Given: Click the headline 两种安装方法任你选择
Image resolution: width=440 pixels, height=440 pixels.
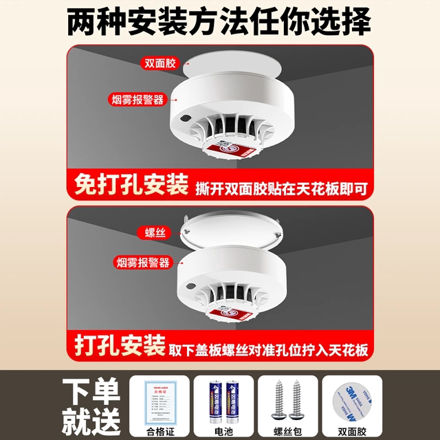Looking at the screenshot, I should click(x=220, y=21).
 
